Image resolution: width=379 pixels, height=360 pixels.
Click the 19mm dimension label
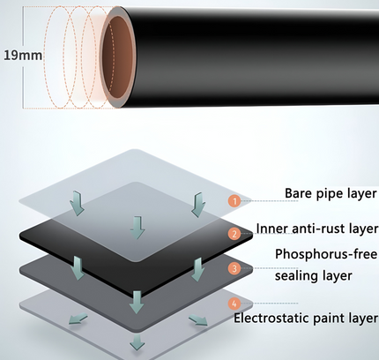pyautogui.click(x=23, y=56)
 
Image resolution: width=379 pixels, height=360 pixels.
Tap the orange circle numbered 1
pyautogui.click(x=234, y=201)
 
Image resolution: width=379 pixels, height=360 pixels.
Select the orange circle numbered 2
pyautogui.click(x=234, y=234)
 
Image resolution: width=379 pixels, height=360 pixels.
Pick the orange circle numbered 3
pyautogui.click(x=234, y=268)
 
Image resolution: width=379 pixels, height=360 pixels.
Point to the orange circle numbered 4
pyautogui.click(x=234, y=304)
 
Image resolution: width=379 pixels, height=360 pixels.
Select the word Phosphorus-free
pyautogui.click(x=326, y=254)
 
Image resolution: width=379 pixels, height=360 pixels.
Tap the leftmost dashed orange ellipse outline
pyautogui.click(x=60, y=57)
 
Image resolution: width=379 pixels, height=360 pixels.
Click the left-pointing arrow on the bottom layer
pyautogui.click(x=78, y=319)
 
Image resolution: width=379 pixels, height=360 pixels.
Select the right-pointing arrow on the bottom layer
pyautogui.click(x=198, y=319)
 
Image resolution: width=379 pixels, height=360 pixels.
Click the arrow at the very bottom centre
pyautogui.click(x=137, y=341)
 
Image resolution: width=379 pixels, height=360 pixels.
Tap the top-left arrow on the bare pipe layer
pyautogui.click(x=77, y=203)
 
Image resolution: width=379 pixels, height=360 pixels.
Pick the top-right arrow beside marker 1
pyautogui.click(x=198, y=205)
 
